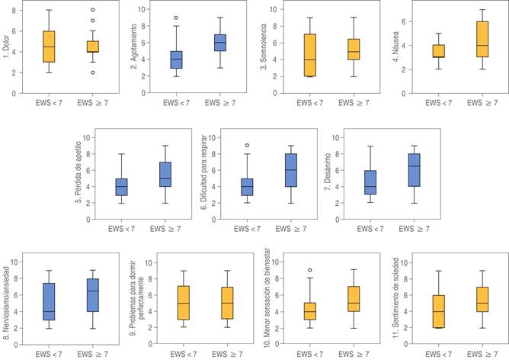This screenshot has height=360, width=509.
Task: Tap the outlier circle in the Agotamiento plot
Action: [176, 18]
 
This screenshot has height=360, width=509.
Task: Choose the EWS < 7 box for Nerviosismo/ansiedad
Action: [49, 301]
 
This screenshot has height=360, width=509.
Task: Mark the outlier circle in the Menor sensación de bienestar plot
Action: [309, 270]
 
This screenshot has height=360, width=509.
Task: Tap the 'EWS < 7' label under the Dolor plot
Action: [49, 101]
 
